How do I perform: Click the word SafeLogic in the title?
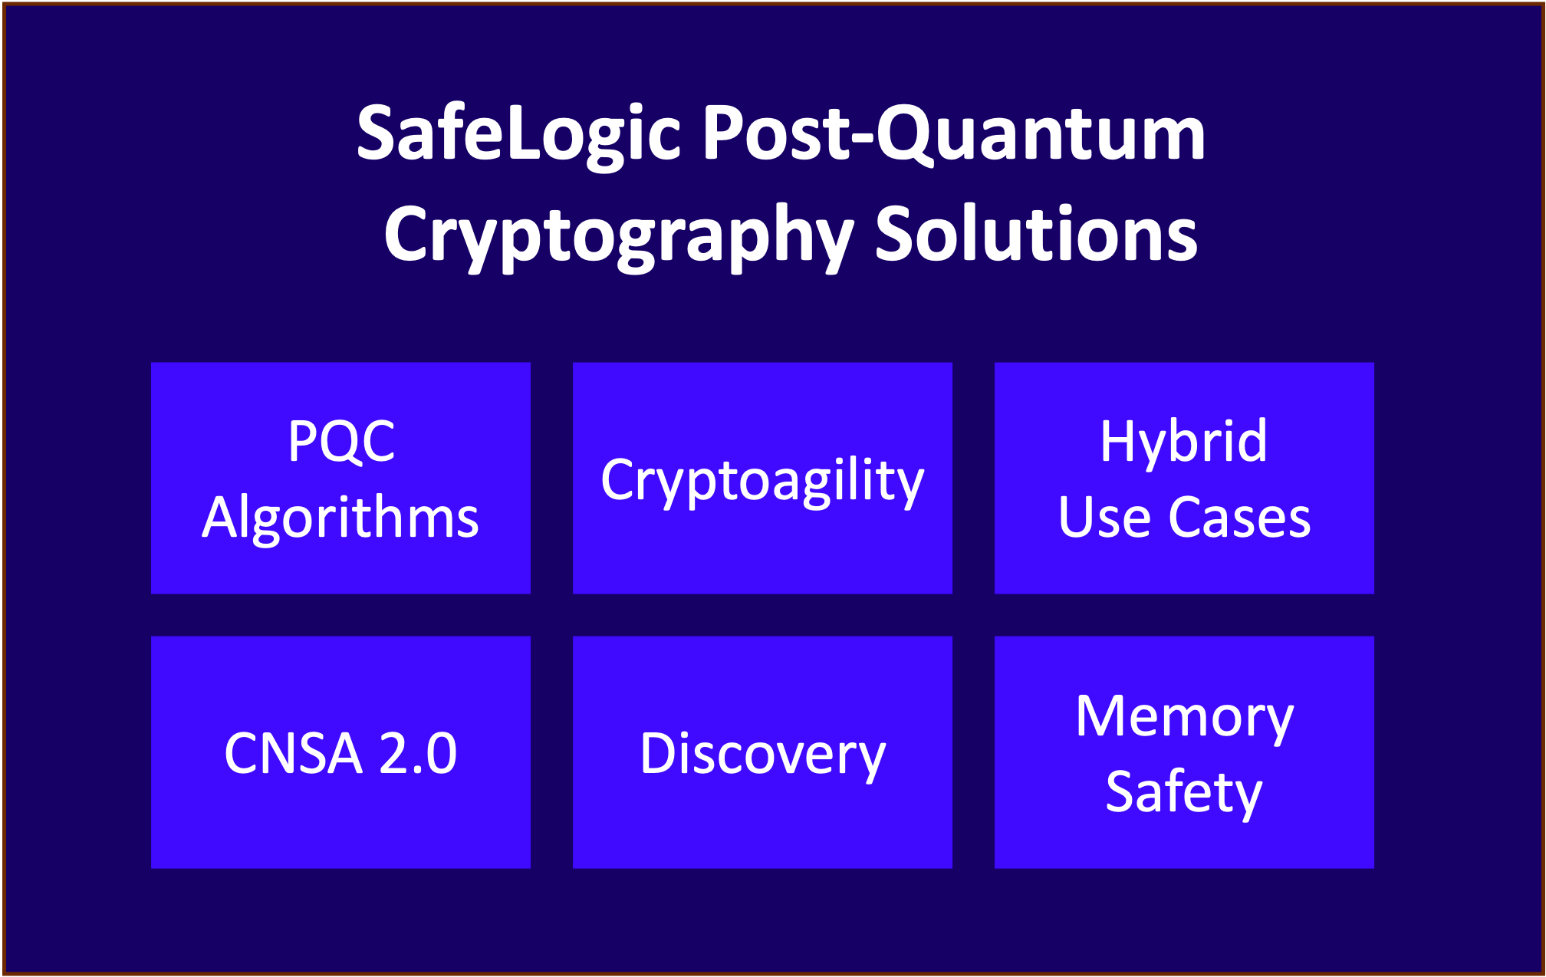tap(518, 134)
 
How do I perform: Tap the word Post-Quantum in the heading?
tap(953, 134)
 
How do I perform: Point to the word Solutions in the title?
tap(1036, 234)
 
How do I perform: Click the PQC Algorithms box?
tap(340, 478)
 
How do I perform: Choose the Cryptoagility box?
tap(762, 478)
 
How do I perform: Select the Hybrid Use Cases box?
tap(1184, 478)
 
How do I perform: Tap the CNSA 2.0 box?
tap(340, 752)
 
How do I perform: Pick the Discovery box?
tap(762, 752)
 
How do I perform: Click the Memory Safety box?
tap(1184, 752)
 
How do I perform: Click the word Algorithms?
tap(340, 518)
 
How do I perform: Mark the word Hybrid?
tap(1183, 442)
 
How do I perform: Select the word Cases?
tap(1239, 518)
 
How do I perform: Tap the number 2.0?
tap(418, 753)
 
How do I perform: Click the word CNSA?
tap(293, 753)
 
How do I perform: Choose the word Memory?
tap(1184, 717)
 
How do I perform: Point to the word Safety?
tap(1183, 792)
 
